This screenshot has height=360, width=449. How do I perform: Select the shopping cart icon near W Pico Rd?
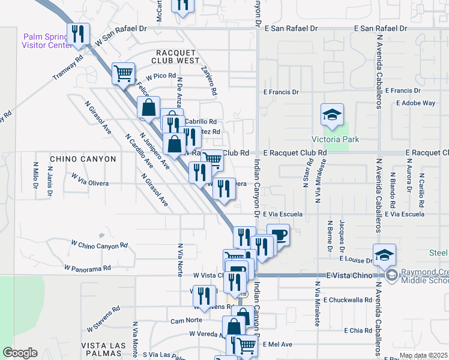(124, 74)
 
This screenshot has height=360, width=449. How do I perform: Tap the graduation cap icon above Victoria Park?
(331, 115)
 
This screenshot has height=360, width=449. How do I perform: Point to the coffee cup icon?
(279, 235)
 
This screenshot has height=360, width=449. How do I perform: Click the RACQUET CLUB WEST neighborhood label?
(177, 57)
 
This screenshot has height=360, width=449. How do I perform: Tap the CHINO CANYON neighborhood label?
(83, 159)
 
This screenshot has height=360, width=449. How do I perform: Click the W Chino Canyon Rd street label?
(99, 245)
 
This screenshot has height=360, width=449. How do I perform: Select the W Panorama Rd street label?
(88, 268)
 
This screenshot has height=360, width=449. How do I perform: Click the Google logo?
(20, 353)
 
